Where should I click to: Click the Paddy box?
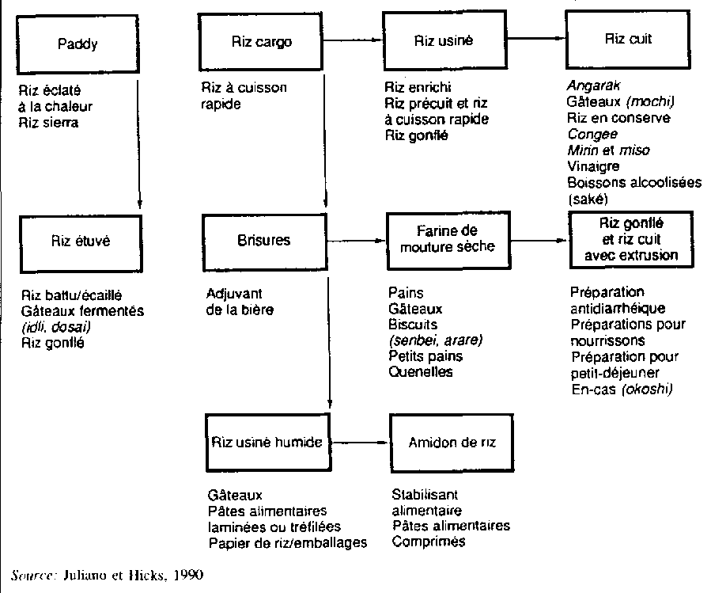pyautogui.click(x=78, y=44)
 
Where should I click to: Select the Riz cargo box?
pyautogui.click(x=263, y=43)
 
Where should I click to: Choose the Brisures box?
pyautogui.click(x=263, y=240)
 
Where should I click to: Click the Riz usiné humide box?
pyautogui.click(x=267, y=442)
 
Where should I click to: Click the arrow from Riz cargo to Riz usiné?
pyautogui.click(x=352, y=41)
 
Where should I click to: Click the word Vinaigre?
pyautogui.click(x=593, y=166)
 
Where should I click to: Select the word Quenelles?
pyautogui.click(x=421, y=371)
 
